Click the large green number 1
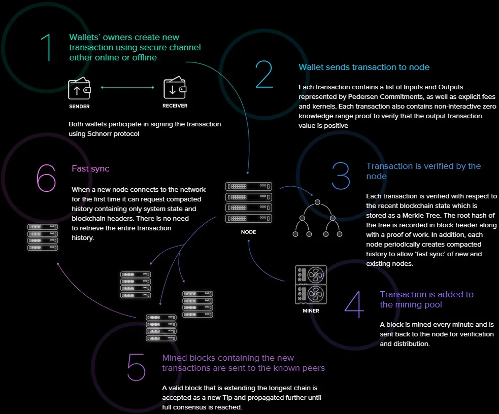pyautogui.click(x=48, y=47)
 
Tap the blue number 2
pyautogui.click(x=264, y=75)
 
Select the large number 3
pyautogui.click(x=341, y=176)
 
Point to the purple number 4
pyautogui.click(x=354, y=304)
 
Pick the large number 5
pyautogui.click(x=136, y=367)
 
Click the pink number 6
pyautogui.click(x=46, y=178)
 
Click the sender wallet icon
pyautogui.click(x=79, y=88)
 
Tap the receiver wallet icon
pyautogui.click(x=175, y=87)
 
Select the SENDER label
pyautogui.click(x=79, y=107)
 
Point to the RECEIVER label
pyautogui.click(x=175, y=106)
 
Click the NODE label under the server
pyautogui.click(x=249, y=232)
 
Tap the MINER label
pyautogui.click(x=311, y=310)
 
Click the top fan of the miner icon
pyautogui.click(x=316, y=274)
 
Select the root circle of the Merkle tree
pyautogui.click(x=317, y=202)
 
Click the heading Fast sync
pyautogui.click(x=90, y=168)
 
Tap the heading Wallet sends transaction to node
pyautogui.click(x=364, y=67)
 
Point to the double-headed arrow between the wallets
pyautogui.click(x=127, y=87)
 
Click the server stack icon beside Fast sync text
pyautogui.click(x=43, y=237)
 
